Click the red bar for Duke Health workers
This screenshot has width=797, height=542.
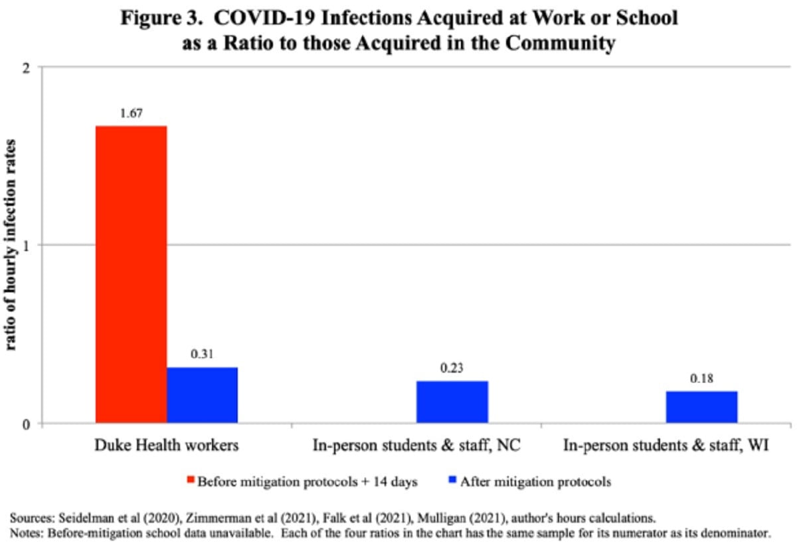click(x=132, y=274)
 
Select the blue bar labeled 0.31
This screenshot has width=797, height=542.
click(x=202, y=395)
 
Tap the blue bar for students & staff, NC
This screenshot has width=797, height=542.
click(x=452, y=402)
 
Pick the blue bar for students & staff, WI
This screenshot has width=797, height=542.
click(x=701, y=406)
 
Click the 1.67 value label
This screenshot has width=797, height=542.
click(x=132, y=114)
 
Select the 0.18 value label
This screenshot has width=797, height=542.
click(x=701, y=379)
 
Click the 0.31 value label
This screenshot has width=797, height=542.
click(x=202, y=355)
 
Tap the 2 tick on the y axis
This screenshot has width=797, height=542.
click(x=27, y=67)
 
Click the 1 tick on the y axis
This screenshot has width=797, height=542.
click(x=27, y=245)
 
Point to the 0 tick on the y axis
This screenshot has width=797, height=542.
click(x=27, y=424)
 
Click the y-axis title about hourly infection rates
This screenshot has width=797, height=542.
click(x=11, y=246)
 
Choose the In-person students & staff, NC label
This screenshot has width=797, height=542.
click(x=416, y=446)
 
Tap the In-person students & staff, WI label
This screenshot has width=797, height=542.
click(x=666, y=446)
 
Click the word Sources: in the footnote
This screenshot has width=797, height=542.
click(x=31, y=517)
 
